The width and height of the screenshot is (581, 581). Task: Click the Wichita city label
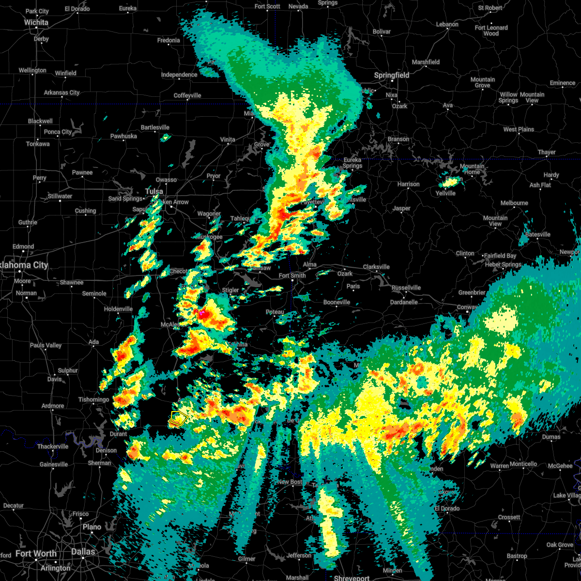36,22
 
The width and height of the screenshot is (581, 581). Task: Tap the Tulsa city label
154,191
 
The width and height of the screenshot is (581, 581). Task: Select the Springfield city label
392,75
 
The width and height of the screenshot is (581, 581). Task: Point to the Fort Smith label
292,275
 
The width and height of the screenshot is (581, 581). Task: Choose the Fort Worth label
36,553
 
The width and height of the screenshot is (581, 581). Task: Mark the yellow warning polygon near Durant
179,418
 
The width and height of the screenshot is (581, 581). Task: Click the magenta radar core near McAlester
202,313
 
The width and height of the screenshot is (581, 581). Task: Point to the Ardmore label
53,406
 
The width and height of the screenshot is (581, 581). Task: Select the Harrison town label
408,184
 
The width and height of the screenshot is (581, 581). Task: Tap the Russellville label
406,288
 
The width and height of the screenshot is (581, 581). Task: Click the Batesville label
537,234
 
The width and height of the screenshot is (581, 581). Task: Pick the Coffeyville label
187,95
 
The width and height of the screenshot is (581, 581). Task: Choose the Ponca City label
58,132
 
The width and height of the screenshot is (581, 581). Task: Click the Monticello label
523,464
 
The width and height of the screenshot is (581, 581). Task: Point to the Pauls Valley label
46,345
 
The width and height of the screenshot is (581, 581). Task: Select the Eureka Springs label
352,163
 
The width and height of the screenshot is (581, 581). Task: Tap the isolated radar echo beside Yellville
451,182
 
